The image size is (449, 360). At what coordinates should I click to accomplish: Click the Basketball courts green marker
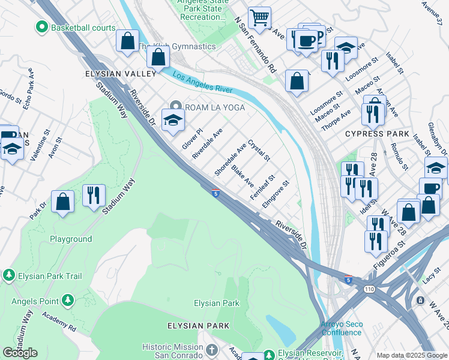[42, 27]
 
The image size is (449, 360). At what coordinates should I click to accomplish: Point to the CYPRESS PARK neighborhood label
[377, 133]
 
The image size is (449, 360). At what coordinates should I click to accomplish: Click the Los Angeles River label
[202, 82]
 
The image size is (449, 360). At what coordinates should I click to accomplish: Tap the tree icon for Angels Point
[67, 299]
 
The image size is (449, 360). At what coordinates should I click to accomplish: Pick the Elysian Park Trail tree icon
[8, 275]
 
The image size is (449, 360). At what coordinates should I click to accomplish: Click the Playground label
[71, 239]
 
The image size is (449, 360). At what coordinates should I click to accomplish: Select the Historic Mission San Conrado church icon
[211, 349]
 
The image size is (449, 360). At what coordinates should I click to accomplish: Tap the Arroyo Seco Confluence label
[341, 328]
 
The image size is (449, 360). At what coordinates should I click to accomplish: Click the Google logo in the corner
[20, 353]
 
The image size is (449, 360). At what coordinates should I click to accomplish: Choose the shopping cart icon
[259, 17]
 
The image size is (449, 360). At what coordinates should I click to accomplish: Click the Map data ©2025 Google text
[412, 355]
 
